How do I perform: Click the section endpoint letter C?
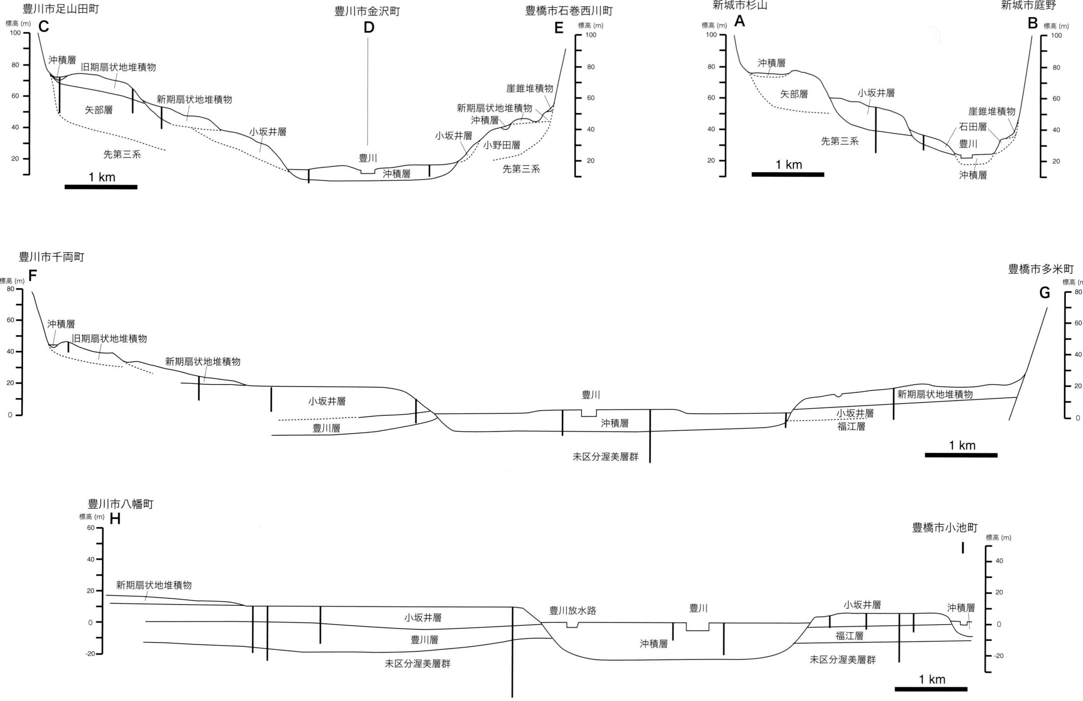(x=43, y=27)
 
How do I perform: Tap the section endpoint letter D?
(x=369, y=28)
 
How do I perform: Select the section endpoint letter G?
(x=1045, y=293)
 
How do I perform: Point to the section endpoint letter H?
(x=115, y=519)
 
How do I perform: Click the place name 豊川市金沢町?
(x=367, y=12)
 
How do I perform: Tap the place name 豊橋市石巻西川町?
(x=569, y=11)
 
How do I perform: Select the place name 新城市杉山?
(x=740, y=5)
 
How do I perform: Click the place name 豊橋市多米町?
(x=1041, y=269)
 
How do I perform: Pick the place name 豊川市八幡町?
(x=121, y=504)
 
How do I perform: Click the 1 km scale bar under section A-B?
(x=788, y=174)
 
